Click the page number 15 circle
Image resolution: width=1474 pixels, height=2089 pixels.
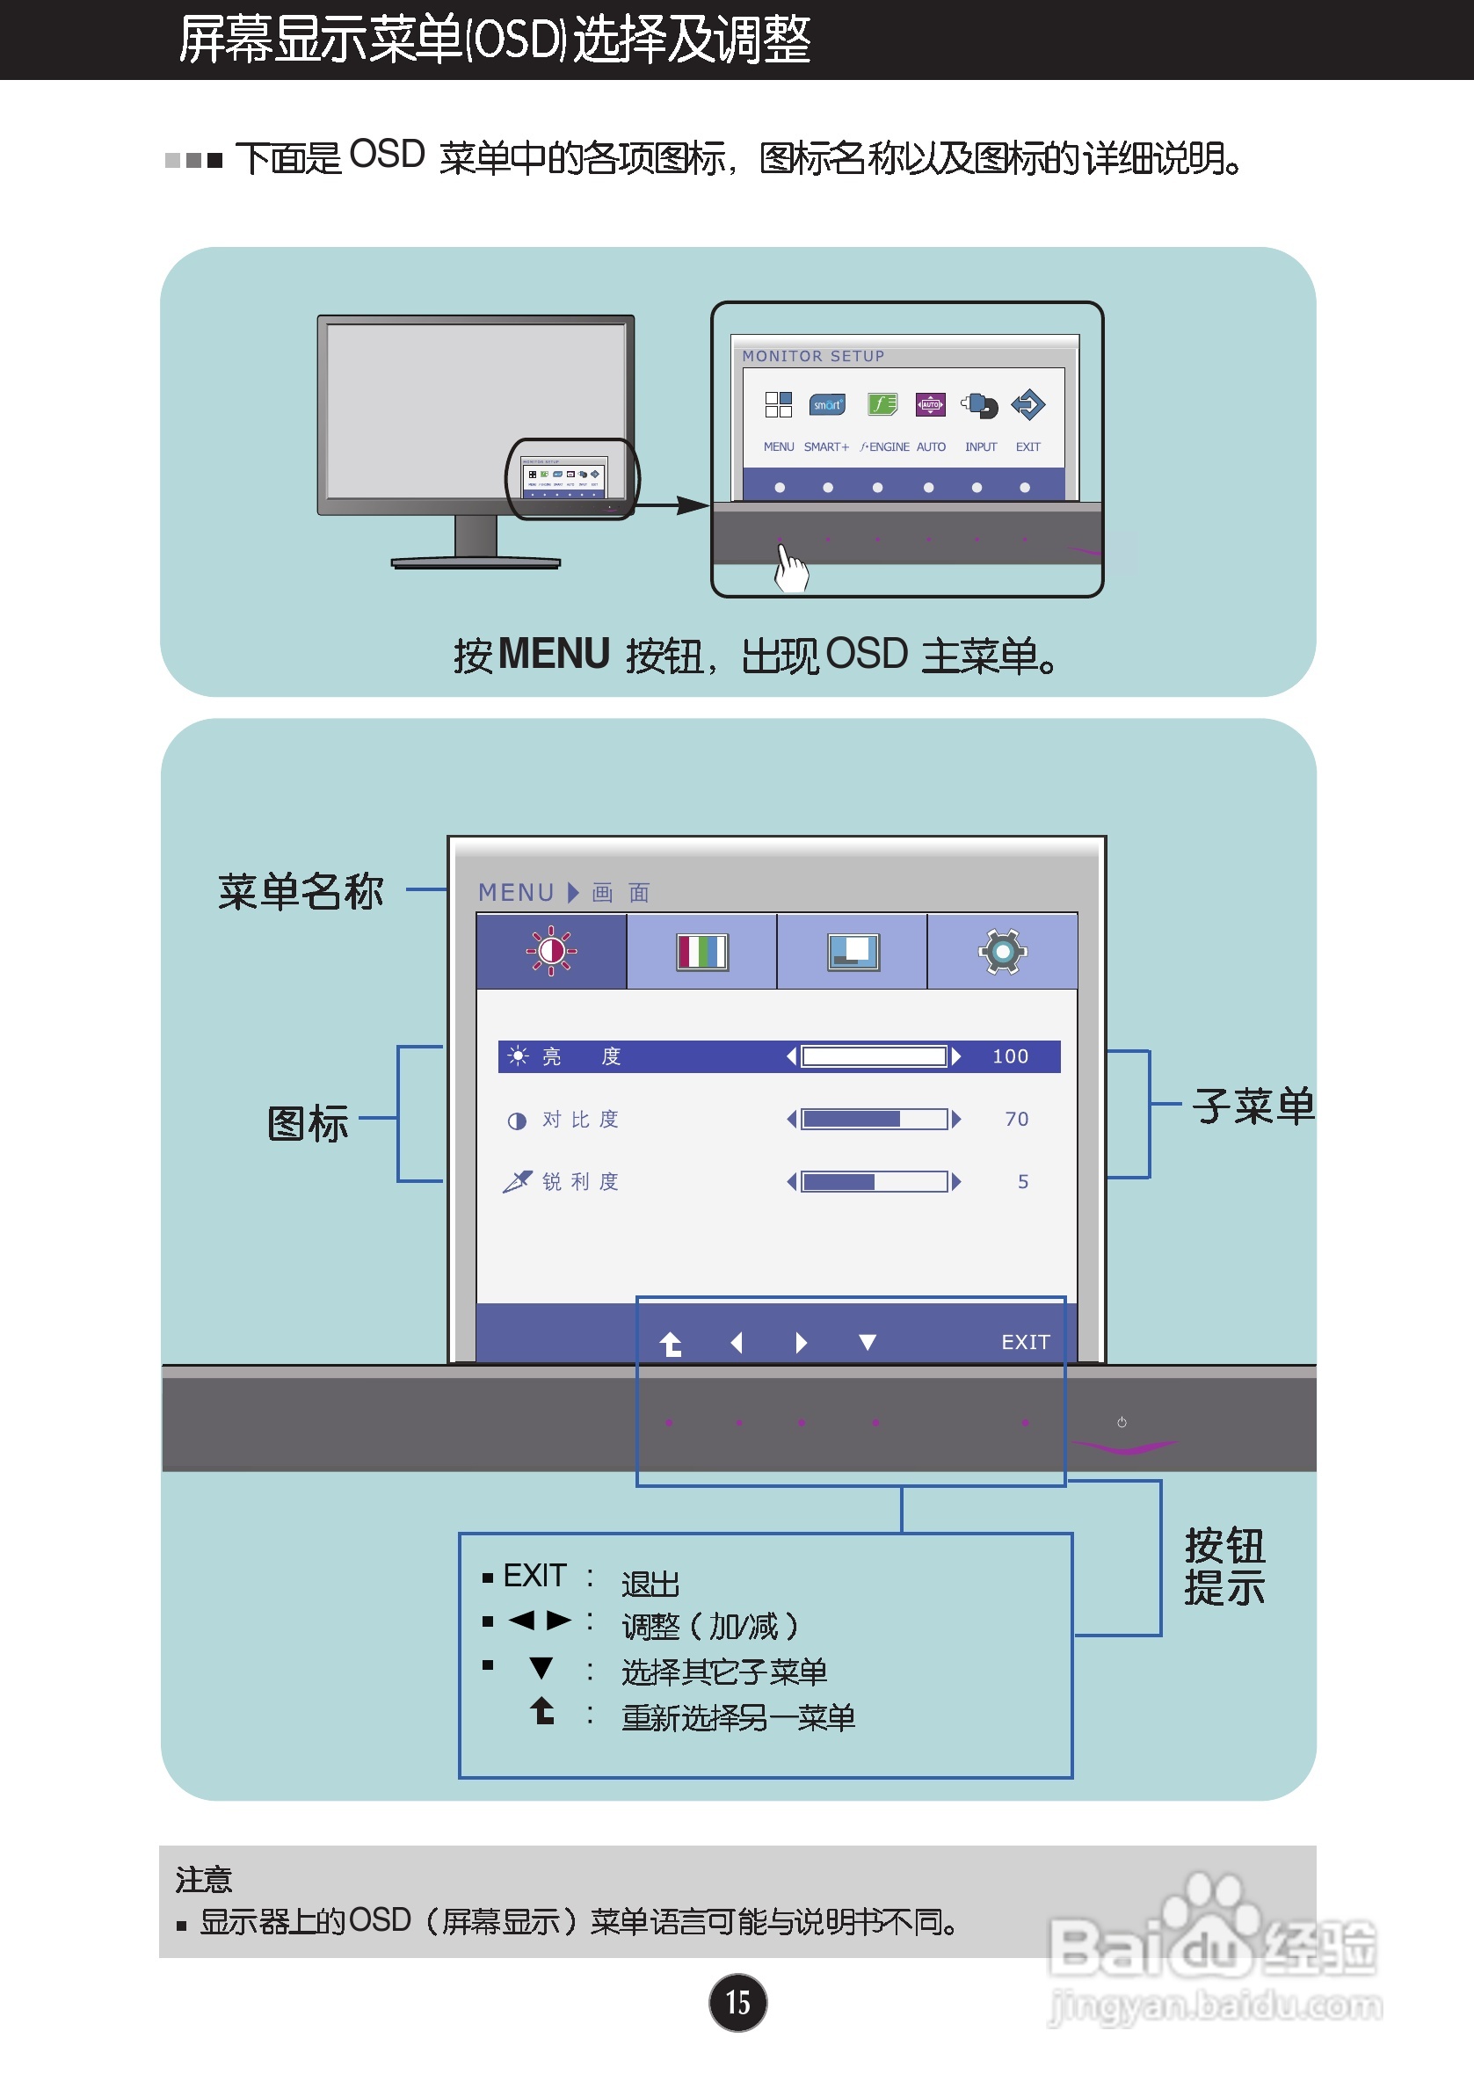pyautogui.click(x=737, y=2002)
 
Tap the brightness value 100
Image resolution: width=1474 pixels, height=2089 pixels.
pyautogui.click(x=1010, y=1056)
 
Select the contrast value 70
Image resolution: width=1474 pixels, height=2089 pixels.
pyautogui.click(x=1016, y=1119)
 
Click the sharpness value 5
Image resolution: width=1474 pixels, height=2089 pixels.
pyautogui.click(x=1023, y=1182)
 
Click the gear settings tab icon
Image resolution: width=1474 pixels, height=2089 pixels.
pyautogui.click(x=1003, y=952)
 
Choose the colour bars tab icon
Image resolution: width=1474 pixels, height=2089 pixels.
pyautogui.click(x=701, y=952)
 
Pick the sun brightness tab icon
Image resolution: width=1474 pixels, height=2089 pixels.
pyautogui.click(x=551, y=952)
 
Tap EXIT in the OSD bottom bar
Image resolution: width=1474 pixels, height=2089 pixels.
pyautogui.click(x=1026, y=1342)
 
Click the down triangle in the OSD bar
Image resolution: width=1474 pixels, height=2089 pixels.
pyautogui.click(x=868, y=1342)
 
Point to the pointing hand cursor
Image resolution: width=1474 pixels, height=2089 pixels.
pyautogui.click(x=790, y=568)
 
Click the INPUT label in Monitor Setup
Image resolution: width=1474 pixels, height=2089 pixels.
pyautogui.click(x=981, y=446)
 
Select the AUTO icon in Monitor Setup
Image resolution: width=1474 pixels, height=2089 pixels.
pyautogui.click(x=930, y=404)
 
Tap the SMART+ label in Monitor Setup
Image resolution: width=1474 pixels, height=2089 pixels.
pyautogui.click(x=826, y=446)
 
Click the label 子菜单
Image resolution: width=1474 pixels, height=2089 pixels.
pyautogui.click(x=1253, y=1106)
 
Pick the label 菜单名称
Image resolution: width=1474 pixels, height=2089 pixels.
pyautogui.click(x=301, y=891)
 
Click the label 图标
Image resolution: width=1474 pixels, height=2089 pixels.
pyautogui.click(x=308, y=1124)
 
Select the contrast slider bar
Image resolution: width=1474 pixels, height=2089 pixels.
pyautogui.click(x=874, y=1119)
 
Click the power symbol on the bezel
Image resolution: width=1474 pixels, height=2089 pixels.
pyautogui.click(x=1122, y=1422)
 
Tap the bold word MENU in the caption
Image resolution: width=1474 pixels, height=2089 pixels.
pyautogui.click(x=553, y=654)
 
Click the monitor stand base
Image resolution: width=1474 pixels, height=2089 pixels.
pyautogui.click(x=476, y=562)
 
